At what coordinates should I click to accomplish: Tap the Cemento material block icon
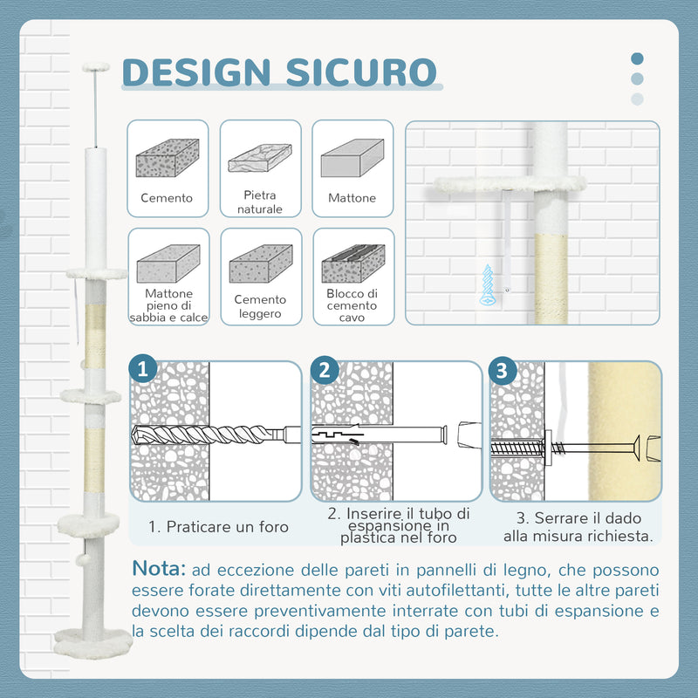point(167,158)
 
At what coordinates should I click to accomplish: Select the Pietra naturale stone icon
point(259,158)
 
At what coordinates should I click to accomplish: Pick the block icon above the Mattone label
point(352,158)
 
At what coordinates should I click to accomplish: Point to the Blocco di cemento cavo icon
point(352,263)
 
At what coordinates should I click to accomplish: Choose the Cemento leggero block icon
point(259,263)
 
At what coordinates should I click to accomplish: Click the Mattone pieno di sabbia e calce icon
point(168,263)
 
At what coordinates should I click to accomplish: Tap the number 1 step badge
point(144,369)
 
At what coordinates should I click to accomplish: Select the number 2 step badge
point(324,369)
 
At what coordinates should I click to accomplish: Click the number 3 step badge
point(501,369)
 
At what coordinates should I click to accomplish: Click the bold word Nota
point(159,569)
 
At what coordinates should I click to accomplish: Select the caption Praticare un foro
point(218,527)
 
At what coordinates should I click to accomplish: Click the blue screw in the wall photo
point(489,284)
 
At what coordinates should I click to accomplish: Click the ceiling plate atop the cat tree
point(94,66)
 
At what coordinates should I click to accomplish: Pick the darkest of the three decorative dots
point(637,59)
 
